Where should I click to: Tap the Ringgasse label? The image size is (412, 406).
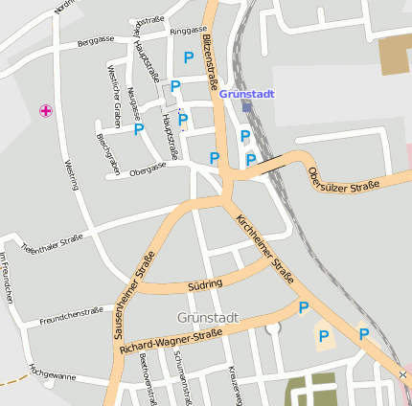click(x=188, y=32)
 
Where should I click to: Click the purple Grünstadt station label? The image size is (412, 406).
click(x=246, y=95)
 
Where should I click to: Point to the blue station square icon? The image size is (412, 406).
click(x=247, y=107)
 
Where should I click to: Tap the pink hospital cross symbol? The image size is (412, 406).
click(x=45, y=111)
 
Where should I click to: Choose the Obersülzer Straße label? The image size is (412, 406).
click(x=343, y=178)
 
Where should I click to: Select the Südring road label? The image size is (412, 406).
click(x=205, y=283)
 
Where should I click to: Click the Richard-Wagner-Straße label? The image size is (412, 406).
click(x=172, y=344)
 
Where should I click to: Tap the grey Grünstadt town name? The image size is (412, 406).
click(x=207, y=316)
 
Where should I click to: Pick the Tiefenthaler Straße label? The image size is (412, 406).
click(x=52, y=244)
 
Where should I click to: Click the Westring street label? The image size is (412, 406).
click(x=70, y=175)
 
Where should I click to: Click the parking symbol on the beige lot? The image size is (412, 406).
click(x=324, y=336)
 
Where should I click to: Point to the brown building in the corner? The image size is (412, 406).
click(x=395, y=56)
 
